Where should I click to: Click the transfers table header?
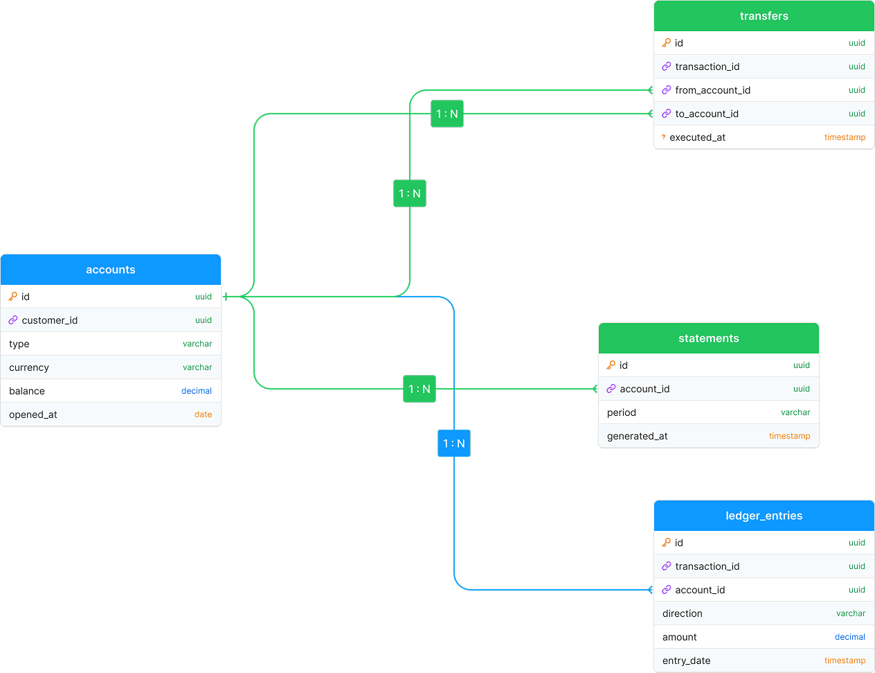[x=764, y=16]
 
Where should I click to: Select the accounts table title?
[x=110, y=270]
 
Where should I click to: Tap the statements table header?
[x=708, y=338]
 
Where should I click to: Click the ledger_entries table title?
[x=764, y=516]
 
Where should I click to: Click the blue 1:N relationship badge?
[x=454, y=444]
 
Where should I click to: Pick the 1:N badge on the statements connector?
[x=420, y=389]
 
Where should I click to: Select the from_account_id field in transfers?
[x=713, y=90]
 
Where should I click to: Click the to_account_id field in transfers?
[x=707, y=114]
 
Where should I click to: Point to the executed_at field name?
[x=697, y=137]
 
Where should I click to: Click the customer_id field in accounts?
[x=50, y=320]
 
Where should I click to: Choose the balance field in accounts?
[x=27, y=391]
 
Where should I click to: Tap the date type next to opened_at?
[x=203, y=414]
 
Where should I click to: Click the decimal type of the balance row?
[x=197, y=391]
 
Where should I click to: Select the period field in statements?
[x=622, y=412]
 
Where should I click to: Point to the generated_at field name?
[x=637, y=436]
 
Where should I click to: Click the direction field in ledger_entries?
[x=682, y=613]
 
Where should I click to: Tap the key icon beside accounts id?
[x=13, y=297]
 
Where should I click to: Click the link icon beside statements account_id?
[x=611, y=389]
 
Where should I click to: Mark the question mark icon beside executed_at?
[x=664, y=137]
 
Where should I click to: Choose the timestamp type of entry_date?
[x=845, y=661]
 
